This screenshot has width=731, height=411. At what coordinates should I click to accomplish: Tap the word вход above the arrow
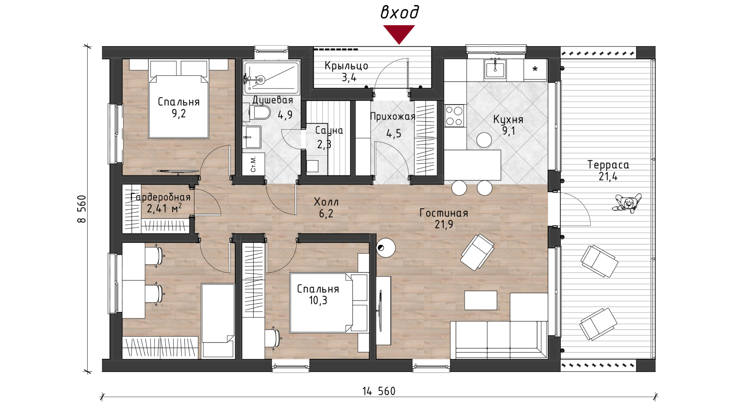(399, 12)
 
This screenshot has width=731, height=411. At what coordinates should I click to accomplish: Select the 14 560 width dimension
(379, 391)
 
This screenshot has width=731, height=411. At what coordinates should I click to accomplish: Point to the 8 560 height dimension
(82, 209)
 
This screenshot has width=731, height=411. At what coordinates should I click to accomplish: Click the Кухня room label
(508, 119)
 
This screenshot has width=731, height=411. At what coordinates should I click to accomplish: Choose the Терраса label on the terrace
(608, 165)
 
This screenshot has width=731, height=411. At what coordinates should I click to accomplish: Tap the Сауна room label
(329, 131)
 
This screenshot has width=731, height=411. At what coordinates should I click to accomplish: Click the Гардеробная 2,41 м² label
(160, 203)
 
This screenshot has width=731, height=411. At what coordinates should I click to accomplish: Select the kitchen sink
(495, 69)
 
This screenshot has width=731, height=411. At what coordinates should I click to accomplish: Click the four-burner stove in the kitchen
(454, 115)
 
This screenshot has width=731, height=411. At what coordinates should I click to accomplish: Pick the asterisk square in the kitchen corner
(535, 69)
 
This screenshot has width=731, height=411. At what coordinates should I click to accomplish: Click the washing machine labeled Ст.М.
(253, 164)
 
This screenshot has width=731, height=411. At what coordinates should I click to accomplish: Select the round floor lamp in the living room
(386, 248)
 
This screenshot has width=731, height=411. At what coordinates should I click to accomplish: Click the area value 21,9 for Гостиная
(444, 224)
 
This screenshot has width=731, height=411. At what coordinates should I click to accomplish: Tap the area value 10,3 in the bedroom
(318, 300)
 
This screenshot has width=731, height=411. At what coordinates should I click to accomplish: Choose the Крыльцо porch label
(346, 66)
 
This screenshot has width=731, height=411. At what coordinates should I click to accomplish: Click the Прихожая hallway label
(392, 116)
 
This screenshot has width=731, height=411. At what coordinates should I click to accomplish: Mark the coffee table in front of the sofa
(481, 300)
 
